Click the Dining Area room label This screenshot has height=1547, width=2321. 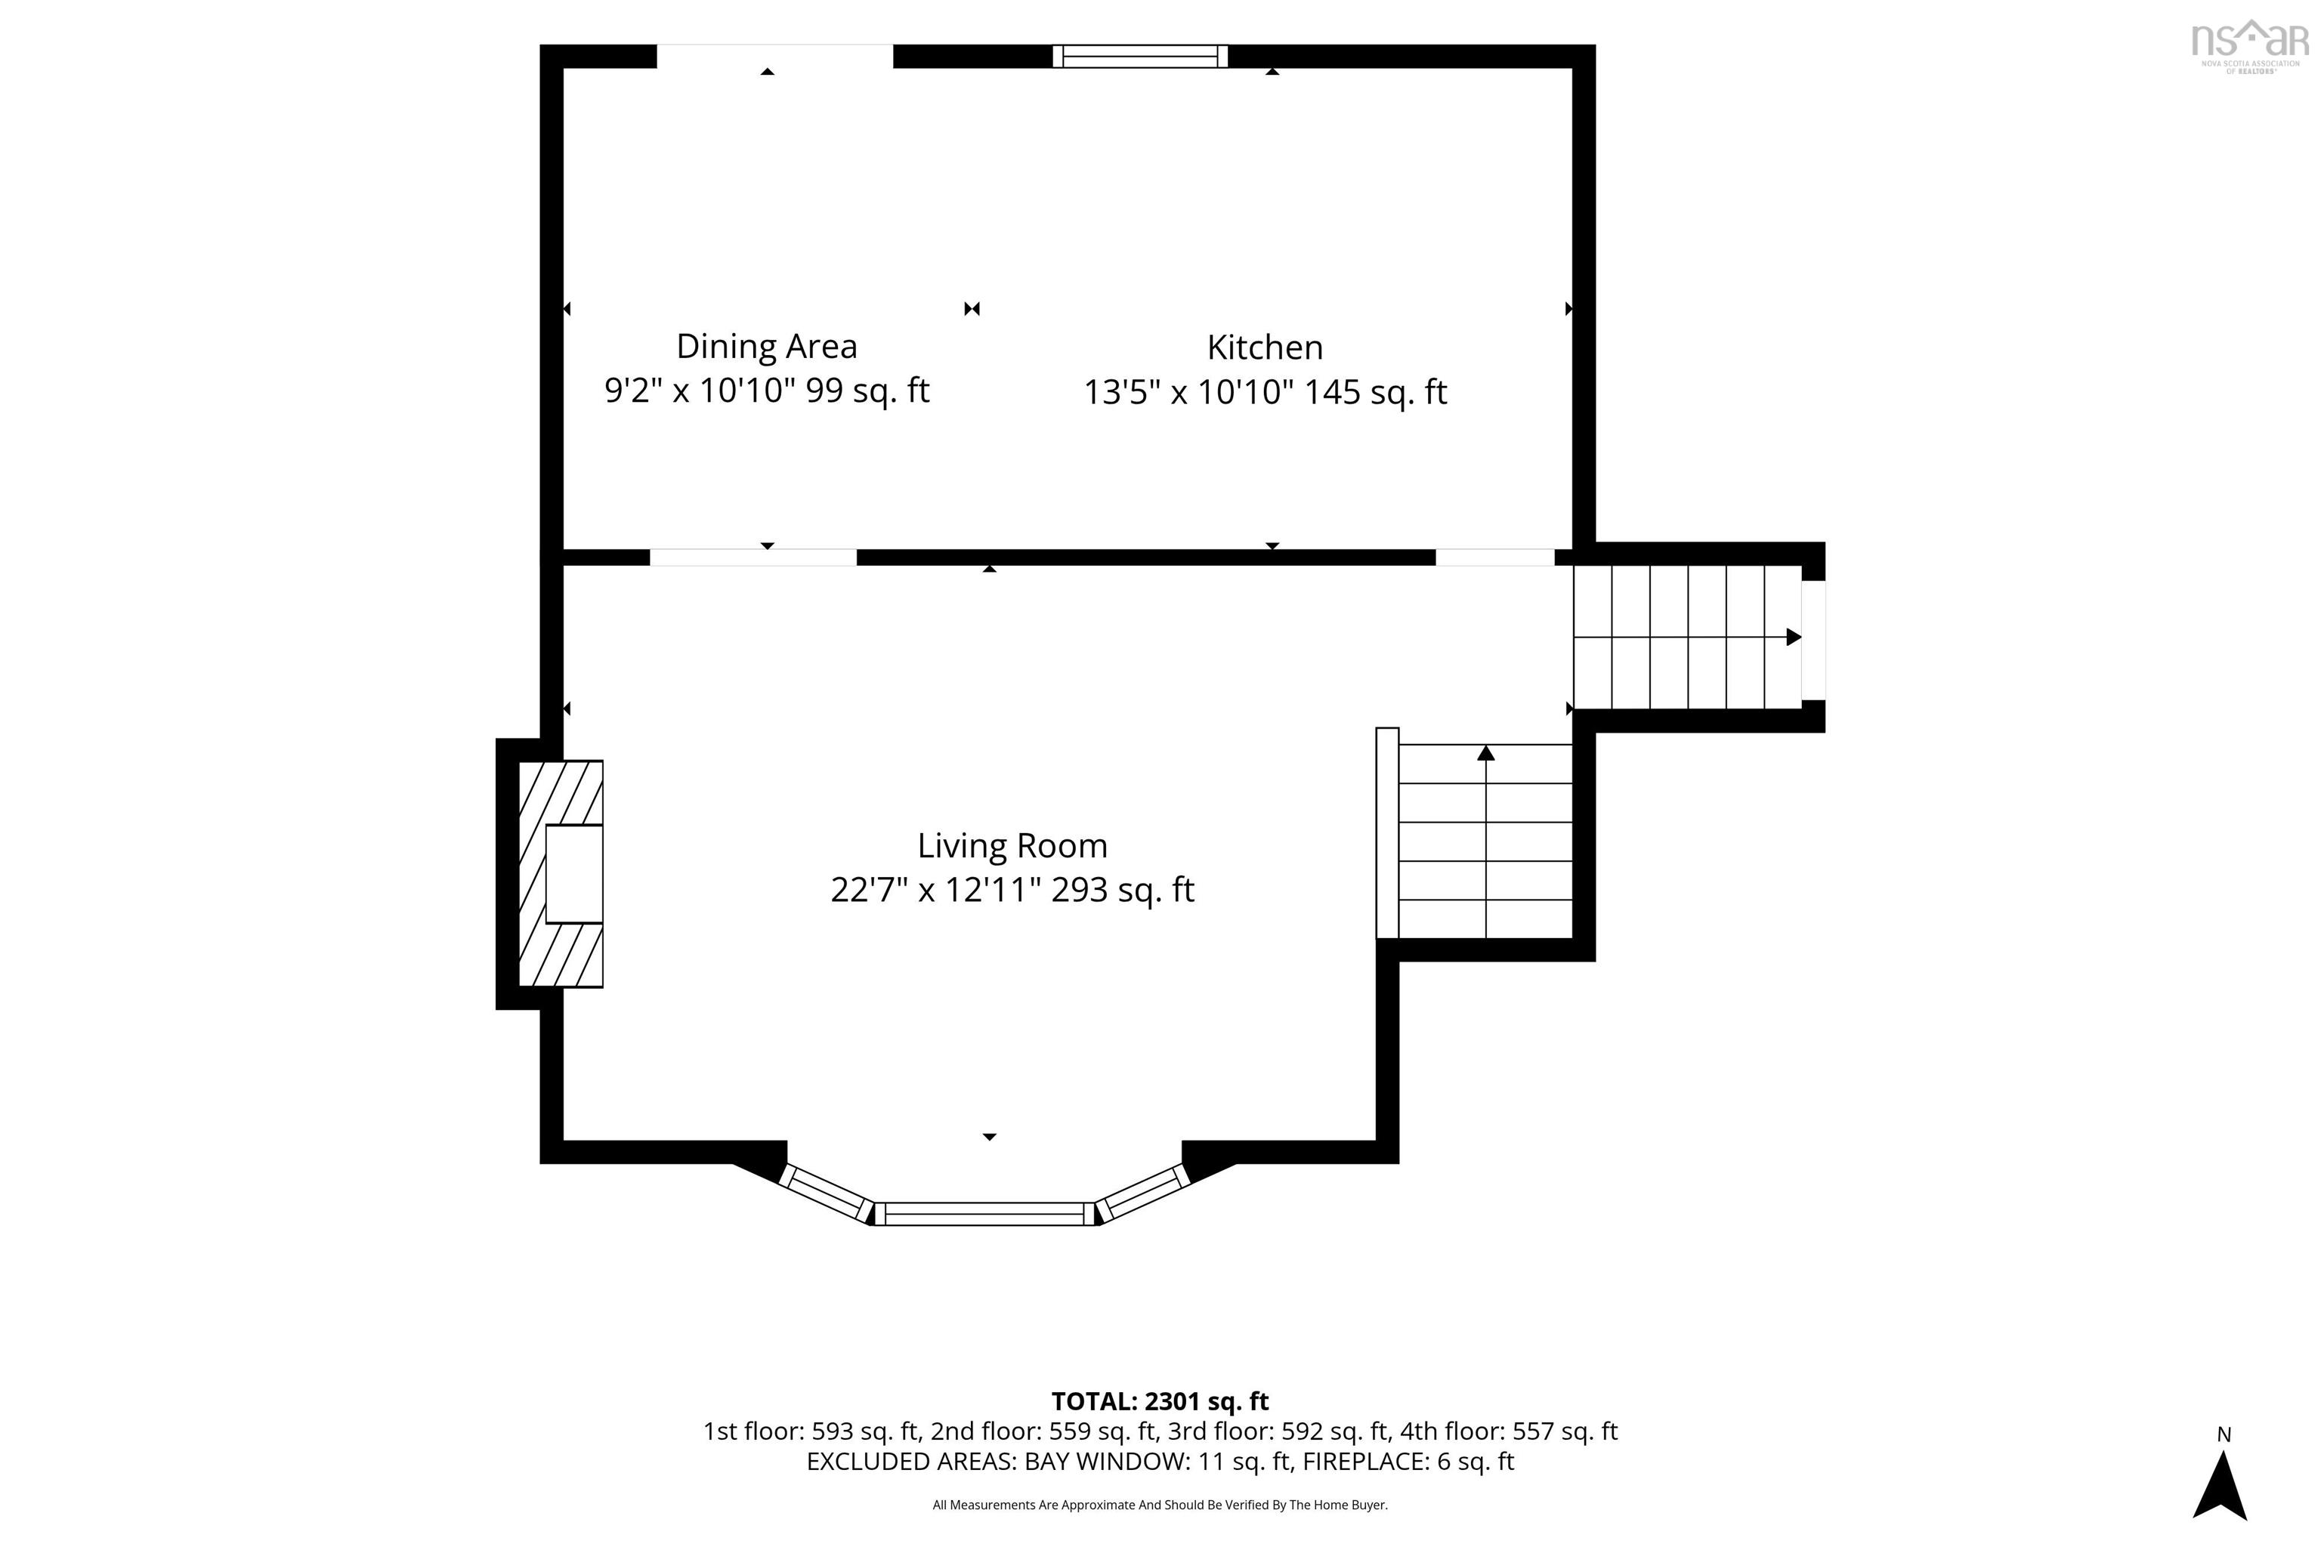767,346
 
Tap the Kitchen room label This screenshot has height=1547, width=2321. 1265,347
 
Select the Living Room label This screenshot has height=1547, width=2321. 1012,845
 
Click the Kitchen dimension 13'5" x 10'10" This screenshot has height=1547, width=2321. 1188,393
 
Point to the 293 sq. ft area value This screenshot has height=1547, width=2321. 1123,891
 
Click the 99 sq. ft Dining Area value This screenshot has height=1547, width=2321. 868,391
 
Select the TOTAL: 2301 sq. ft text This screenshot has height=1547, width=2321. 1160,1401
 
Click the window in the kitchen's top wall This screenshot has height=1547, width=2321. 1140,56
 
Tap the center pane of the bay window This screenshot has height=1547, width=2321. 986,1214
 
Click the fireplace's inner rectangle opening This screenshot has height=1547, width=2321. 574,874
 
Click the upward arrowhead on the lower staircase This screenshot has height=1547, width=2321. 1486,753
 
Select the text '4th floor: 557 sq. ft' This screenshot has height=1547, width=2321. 1509,1431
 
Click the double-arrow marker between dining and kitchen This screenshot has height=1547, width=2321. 972,309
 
